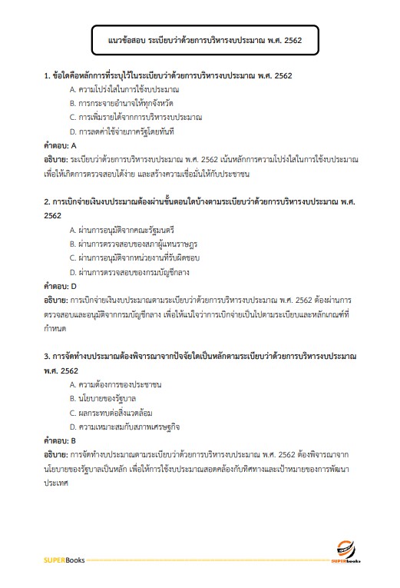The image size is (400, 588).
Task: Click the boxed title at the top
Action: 200,39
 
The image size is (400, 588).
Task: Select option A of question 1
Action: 118,90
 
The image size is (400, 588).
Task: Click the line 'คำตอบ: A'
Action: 61,145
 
